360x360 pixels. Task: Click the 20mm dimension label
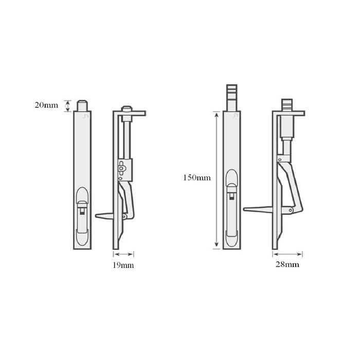coord(46,105)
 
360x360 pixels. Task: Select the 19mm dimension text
coord(123,265)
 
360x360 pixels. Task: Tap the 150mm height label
coord(196,178)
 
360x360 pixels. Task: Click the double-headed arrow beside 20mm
coord(67,105)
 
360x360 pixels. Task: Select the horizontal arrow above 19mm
coord(123,254)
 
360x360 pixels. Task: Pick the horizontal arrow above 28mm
coord(287,254)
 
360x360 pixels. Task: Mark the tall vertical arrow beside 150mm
coord(217,180)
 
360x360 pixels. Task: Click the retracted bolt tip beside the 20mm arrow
coord(82,105)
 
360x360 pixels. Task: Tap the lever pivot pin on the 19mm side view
coord(123,217)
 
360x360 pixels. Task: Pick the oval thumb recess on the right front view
coord(231,181)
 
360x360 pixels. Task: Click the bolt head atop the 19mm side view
coord(127,109)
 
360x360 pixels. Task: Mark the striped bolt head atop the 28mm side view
coord(287,103)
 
